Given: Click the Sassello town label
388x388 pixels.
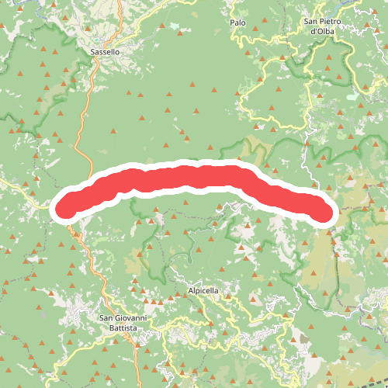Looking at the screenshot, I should click(x=105, y=52).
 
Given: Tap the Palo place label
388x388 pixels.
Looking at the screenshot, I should click(x=237, y=23).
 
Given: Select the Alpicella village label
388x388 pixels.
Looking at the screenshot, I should click(x=204, y=290).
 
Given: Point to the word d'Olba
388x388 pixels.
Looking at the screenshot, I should click(x=322, y=32).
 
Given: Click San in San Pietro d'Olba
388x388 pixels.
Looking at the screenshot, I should click(x=310, y=22).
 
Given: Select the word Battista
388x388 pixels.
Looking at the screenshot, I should click(x=123, y=328).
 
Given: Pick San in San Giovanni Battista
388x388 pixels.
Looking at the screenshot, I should click(x=106, y=318).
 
